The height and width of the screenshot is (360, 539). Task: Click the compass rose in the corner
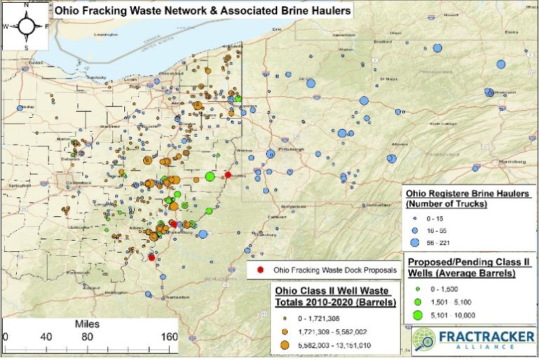[25, 26]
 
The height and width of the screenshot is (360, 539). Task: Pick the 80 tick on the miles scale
[88, 336]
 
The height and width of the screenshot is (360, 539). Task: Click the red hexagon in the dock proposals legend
[260, 270]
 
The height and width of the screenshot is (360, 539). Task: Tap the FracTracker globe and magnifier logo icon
[424, 343]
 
